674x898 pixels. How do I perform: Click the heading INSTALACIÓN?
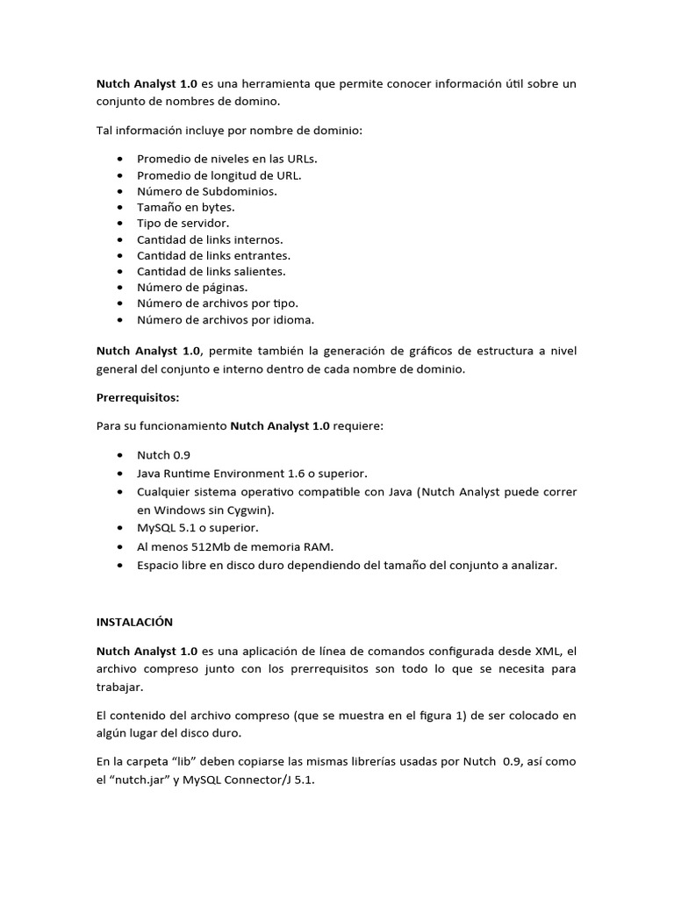pyautogui.click(x=134, y=622)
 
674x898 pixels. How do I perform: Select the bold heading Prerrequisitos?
pyautogui.click(x=137, y=397)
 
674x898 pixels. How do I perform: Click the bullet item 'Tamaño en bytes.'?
pyautogui.click(x=185, y=207)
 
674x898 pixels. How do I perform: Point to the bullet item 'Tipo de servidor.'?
pyautogui.click(x=183, y=223)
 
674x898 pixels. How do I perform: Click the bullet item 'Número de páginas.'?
pyautogui.click(x=192, y=287)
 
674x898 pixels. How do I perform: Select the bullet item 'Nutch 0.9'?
pyautogui.click(x=163, y=456)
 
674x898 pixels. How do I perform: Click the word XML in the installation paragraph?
pyautogui.click(x=547, y=651)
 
